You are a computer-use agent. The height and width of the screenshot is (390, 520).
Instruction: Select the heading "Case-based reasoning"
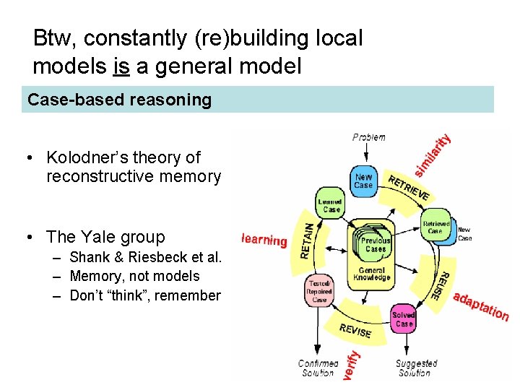tap(120, 100)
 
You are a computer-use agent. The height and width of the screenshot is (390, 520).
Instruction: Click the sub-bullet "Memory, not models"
tap(134, 276)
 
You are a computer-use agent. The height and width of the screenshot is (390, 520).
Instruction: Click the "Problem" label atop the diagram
tap(369, 137)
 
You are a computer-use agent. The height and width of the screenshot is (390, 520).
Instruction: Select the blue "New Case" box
tap(363, 181)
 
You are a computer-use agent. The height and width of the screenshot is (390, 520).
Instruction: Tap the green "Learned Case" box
tap(331, 205)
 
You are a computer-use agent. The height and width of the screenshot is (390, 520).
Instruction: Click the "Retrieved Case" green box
tap(435, 227)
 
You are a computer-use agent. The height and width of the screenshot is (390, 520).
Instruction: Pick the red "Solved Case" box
tap(404, 319)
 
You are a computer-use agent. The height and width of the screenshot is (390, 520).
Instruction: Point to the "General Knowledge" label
tap(373, 274)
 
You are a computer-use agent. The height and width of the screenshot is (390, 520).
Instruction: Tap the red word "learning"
tap(264, 240)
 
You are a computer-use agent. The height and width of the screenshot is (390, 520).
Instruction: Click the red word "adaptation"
tap(481, 306)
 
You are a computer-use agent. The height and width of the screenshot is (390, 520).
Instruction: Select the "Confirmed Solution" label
tap(318, 368)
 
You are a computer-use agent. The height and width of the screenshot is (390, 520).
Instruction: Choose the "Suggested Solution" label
tap(417, 368)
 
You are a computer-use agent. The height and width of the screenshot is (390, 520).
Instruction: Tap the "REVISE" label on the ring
tap(355, 330)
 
